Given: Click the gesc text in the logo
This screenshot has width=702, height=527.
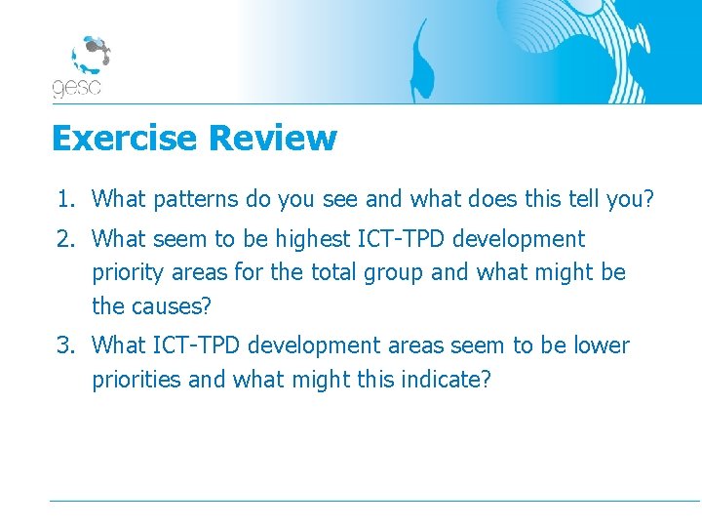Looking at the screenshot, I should (76, 88).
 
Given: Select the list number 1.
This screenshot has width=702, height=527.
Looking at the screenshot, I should (63, 200).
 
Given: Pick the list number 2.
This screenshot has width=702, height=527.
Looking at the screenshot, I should (63, 239).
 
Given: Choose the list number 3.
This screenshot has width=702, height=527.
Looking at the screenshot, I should (63, 345).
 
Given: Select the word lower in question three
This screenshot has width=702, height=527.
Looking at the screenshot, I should (601, 345).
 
